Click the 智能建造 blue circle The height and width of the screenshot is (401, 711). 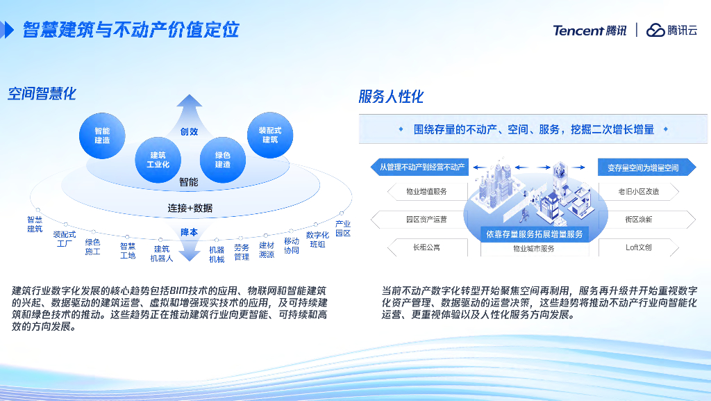[102, 136]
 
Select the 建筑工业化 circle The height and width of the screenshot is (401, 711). [158, 160]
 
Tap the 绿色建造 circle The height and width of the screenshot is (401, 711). [223, 160]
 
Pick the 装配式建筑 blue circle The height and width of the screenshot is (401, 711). [270, 136]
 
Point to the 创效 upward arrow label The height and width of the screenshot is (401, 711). [189, 131]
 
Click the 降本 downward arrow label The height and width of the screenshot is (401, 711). [189, 232]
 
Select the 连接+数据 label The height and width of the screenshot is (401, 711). [190, 208]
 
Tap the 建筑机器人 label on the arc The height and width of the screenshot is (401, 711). [162, 254]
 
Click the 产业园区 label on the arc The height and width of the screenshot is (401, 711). [343, 229]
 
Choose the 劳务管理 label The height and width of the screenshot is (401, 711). [242, 252]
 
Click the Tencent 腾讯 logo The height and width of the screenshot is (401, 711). [589, 31]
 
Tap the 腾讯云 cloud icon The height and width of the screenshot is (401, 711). [655, 31]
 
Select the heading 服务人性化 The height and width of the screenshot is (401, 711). [391, 97]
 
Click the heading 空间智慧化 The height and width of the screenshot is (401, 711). [42, 94]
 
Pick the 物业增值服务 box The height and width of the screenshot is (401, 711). [427, 191]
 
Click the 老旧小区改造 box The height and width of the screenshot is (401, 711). [639, 191]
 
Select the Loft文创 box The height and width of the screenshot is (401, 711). [639, 247]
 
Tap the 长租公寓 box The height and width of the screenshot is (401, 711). [427, 247]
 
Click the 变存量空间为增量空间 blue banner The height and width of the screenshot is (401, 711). [646, 167]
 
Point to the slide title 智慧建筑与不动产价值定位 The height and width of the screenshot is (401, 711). [131, 30]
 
